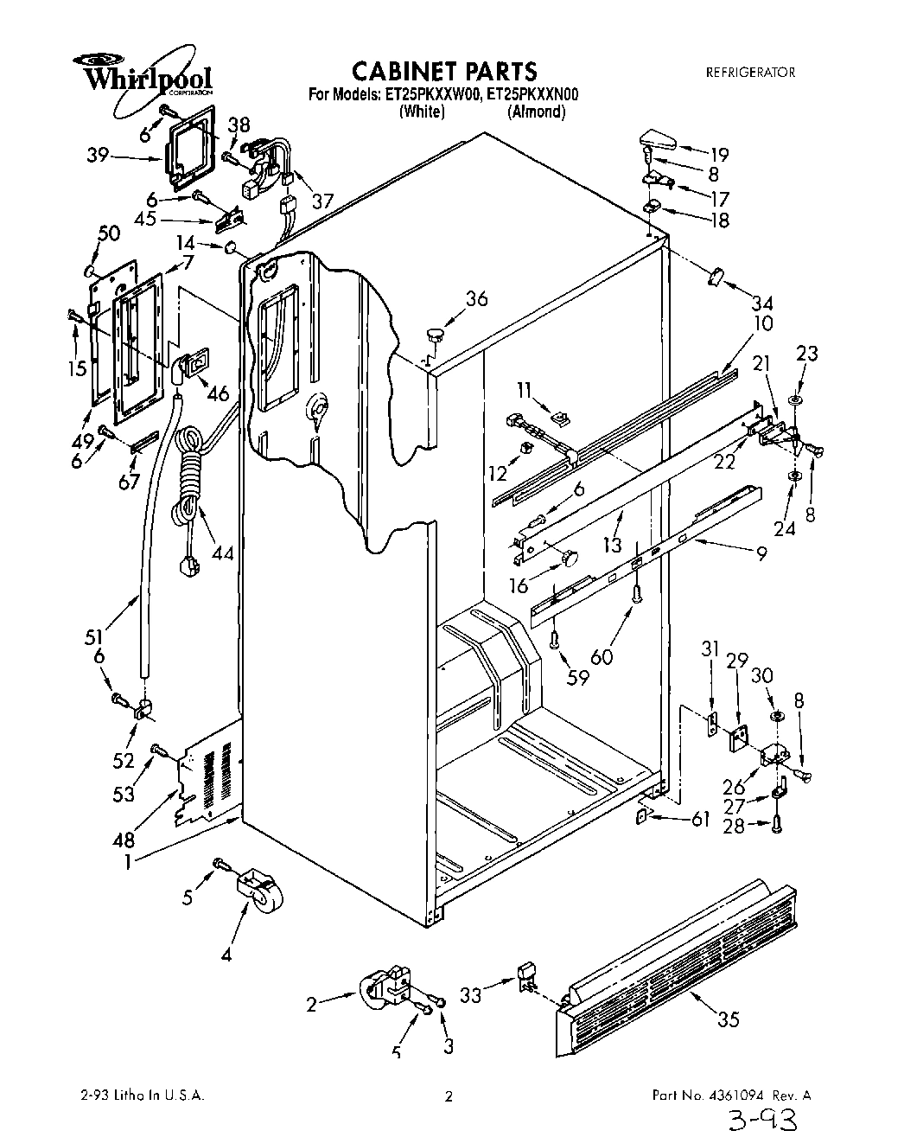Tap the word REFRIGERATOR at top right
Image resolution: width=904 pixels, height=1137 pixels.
(x=750, y=73)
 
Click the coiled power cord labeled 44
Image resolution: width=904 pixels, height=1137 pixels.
(x=188, y=484)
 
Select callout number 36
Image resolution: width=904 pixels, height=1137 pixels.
(x=476, y=299)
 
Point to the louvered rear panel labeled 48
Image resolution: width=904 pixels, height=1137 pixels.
(x=209, y=775)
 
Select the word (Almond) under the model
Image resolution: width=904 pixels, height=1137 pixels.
(x=536, y=112)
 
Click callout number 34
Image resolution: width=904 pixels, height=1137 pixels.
(x=761, y=303)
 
